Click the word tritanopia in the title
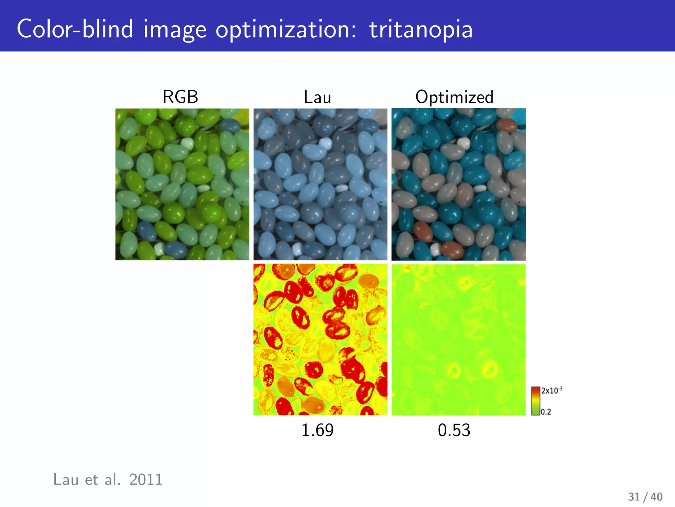click(421, 29)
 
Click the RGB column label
click(180, 97)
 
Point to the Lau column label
click(317, 97)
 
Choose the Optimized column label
click(454, 97)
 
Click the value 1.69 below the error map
click(317, 430)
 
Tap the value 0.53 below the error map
click(454, 430)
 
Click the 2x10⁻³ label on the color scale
click(552, 390)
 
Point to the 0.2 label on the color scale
click(546, 412)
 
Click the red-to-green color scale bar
click(536, 401)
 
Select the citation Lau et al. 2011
click(108, 479)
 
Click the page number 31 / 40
click(645, 497)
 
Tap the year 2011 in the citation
click(146, 479)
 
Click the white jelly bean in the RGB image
click(187, 143)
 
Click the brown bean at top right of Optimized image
click(507, 125)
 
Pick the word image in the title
click(175, 30)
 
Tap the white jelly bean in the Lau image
click(325, 143)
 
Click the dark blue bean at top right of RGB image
click(230, 125)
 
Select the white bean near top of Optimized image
click(464, 143)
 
